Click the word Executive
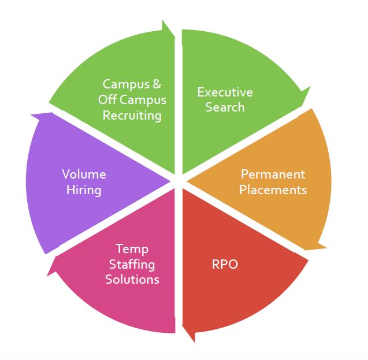pyautogui.click(x=225, y=92)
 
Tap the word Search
pyautogui.click(x=225, y=107)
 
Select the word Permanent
pyautogui.click(x=273, y=174)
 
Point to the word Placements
pyautogui.click(x=273, y=189)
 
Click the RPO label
pyautogui.click(x=225, y=265)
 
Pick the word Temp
pyautogui.click(x=132, y=249)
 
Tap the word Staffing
pyautogui.click(x=132, y=264)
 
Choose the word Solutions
pyautogui.click(x=132, y=279)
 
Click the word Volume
pyautogui.click(x=84, y=174)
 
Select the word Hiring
pyautogui.click(x=84, y=189)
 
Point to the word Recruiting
pyautogui.click(x=132, y=115)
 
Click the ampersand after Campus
pyautogui.click(x=157, y=84)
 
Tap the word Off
pyautogui.click(x=107, y=99)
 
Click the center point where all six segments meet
pyautogui.click(x=179, y=180)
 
